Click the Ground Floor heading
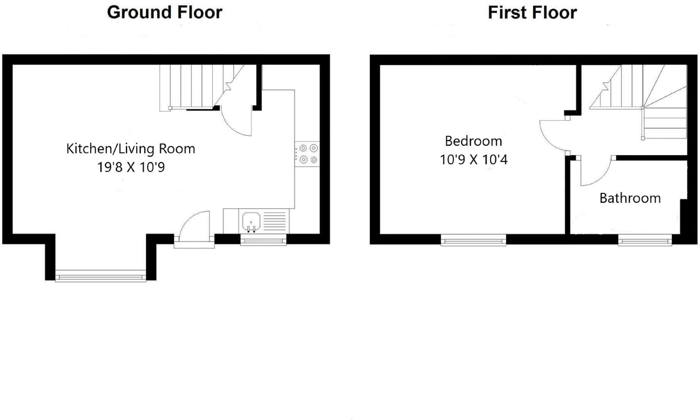pyautogui.click(x=164, y=13)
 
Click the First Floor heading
pyautogui.click(x=532, y=13)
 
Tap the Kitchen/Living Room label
pyautogui.click(x=131, y=149)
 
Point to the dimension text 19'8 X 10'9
pyautogui.click(x=131, y=167)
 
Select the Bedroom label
pyautogui.click(x=473, y=141)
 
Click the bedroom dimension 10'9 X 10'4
pyautogui.click(x=473, y=160)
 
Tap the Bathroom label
pyautogui.click(x=630, y=198)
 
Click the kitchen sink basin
pyautogui.click(x=251, y=221)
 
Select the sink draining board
pyautogui.click(x=275, y=221)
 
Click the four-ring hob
pyautogui.click(x=308, y=154)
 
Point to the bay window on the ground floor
pyautogui.click(x=100, y=275)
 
